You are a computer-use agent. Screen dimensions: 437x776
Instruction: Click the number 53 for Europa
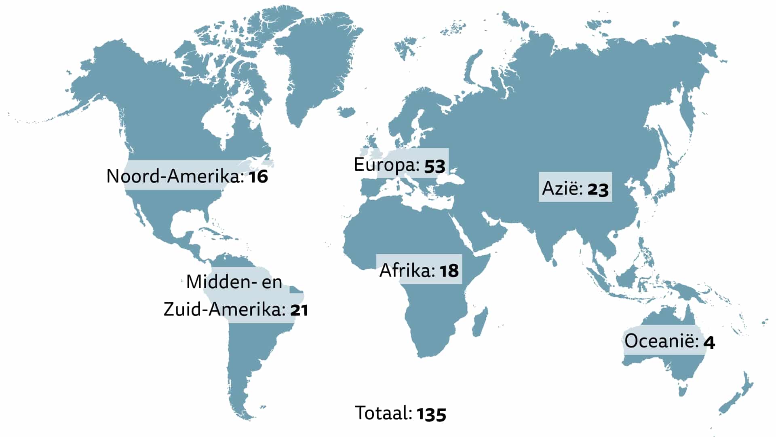435,166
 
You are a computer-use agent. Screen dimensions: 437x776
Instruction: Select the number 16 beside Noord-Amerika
258,177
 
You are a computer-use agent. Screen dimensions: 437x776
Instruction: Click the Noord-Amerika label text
175,176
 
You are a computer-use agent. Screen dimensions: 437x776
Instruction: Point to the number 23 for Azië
598,189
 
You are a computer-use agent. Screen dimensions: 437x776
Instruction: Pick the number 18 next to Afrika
449,271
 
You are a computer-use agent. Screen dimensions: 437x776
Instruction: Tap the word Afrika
407,270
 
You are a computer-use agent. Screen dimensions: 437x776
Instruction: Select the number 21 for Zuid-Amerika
299,310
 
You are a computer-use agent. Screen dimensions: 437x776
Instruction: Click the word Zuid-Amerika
225,310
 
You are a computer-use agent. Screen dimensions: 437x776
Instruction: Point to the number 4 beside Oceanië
709,343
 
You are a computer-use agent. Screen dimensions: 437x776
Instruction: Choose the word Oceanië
661,341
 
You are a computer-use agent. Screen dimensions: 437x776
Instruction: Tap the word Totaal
383,413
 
